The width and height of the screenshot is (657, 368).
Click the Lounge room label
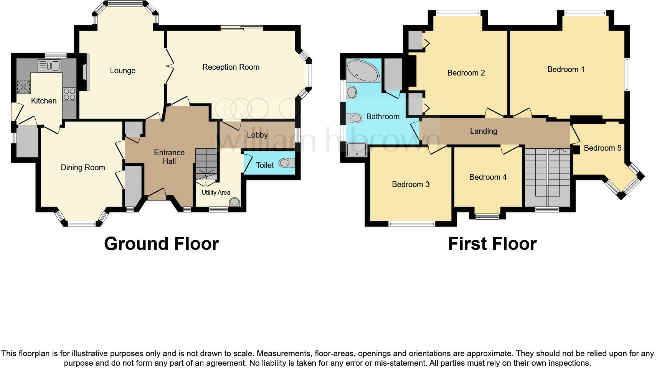122,71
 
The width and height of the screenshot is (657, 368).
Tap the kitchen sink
50,65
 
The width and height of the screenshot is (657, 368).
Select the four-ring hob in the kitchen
69,94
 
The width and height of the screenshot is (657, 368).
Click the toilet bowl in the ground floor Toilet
286,163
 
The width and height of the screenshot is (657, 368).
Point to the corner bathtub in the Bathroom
362,71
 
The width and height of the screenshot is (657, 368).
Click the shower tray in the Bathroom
357,149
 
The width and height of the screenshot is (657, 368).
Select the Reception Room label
231,67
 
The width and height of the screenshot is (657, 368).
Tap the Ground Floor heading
161,244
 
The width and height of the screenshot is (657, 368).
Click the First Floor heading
492,244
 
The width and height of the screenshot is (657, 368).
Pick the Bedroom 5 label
602,148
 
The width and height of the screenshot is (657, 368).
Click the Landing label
484,131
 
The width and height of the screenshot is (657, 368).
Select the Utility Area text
216,192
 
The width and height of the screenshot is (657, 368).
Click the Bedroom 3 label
410,184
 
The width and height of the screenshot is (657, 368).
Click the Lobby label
257,135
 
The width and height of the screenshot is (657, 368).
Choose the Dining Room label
83,168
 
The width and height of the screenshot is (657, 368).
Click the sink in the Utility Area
234,202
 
